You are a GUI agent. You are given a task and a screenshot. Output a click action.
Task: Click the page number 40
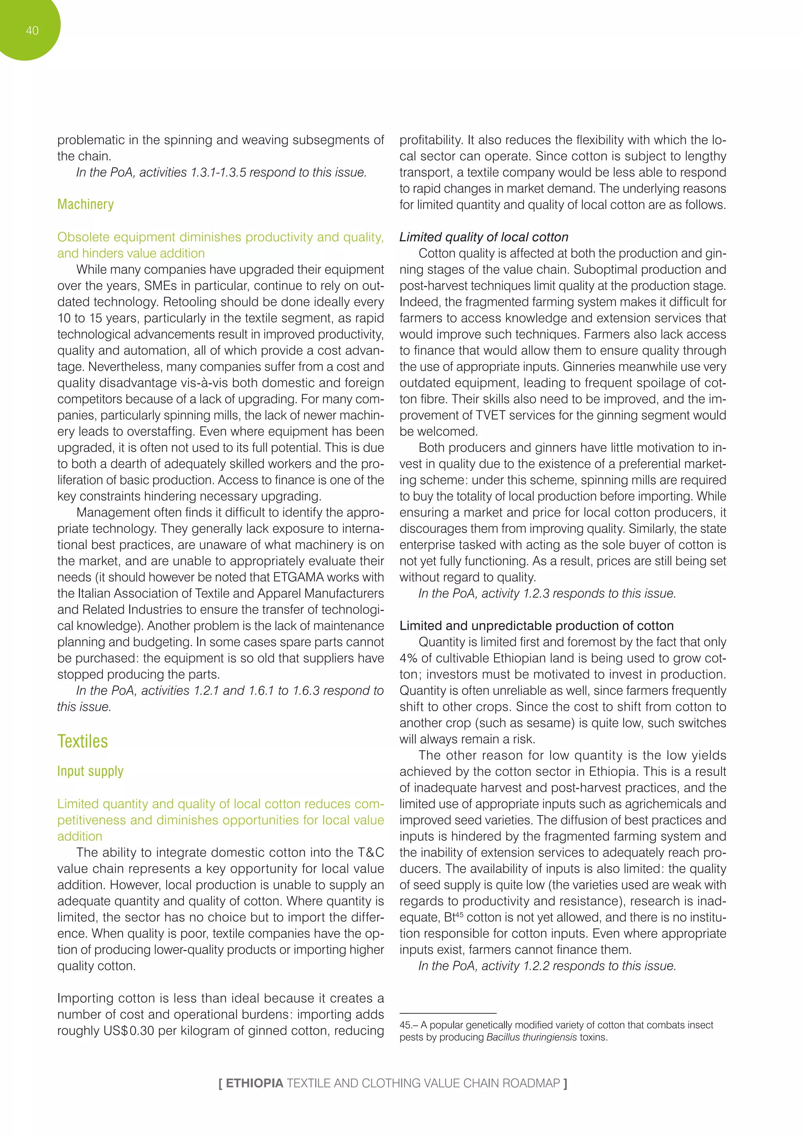(x=32, y=31)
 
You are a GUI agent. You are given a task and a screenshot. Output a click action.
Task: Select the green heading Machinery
(x=85, y=204)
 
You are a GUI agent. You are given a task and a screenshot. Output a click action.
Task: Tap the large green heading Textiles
(x=83, y=741)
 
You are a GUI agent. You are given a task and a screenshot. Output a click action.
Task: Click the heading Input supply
(x=91, y=771)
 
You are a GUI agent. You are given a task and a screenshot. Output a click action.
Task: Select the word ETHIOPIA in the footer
(x=254, y=1083)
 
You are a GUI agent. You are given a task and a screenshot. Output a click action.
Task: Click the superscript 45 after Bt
(x=460, y=914)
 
